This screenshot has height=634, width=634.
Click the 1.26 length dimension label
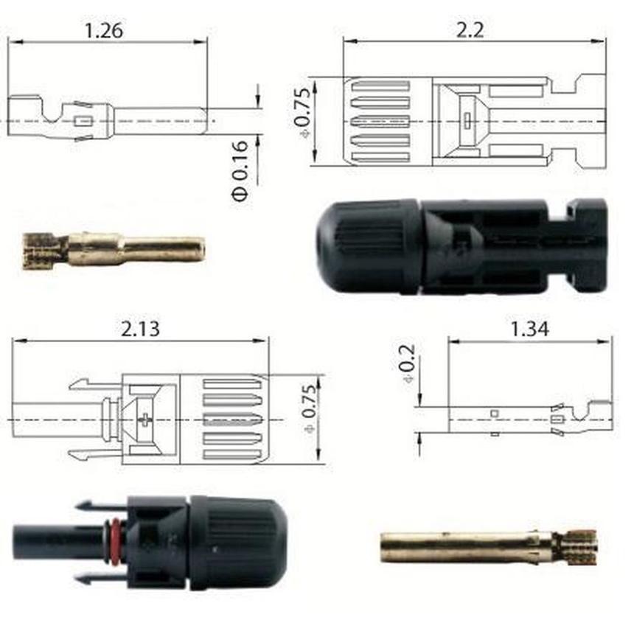pos(104,31)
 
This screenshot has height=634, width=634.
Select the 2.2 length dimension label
pos(470,30)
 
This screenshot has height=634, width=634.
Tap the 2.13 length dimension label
pos(140,329)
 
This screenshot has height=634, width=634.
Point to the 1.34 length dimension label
pos(530,329)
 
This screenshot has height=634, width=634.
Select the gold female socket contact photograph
pos(489,547)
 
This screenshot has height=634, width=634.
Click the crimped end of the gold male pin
pos(39,251)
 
